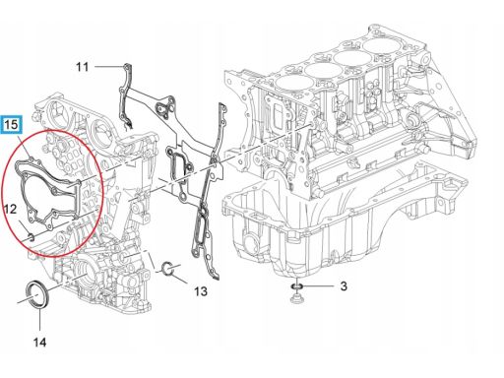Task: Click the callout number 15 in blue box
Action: pos(12,124)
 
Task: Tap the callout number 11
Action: pos(83,67)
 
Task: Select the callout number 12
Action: pos(10,209)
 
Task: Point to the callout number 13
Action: pos(201,291)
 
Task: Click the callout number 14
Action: pos(39,343)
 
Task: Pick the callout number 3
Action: pos(344,286)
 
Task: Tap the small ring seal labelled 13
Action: pos(167,269)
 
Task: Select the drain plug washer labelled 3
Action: pos(296,287)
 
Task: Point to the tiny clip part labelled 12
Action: pos(31,237)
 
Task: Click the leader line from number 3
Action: pos(318,286)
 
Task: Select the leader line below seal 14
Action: pos(40,320)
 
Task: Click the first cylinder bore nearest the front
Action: pos(288,83)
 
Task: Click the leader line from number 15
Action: pos(25,147)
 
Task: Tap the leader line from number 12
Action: pos(24,227)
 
